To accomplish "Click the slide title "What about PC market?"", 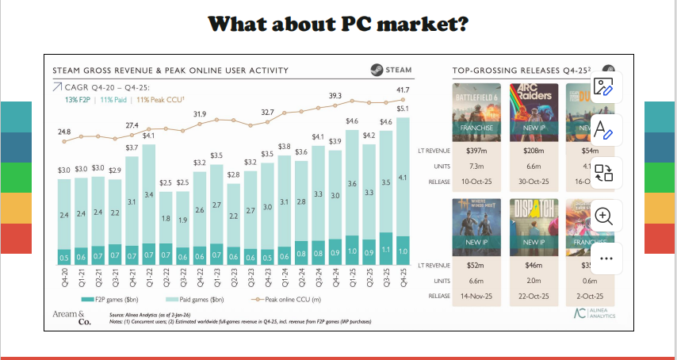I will point(338,24).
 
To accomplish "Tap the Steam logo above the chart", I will point(391,71).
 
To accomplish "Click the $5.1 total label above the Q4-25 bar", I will point(403,108).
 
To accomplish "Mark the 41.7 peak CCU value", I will point(403,90).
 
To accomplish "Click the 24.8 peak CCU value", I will point(64,131).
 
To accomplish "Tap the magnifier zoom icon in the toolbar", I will point(605,215).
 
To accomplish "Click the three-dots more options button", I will point(605,259).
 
